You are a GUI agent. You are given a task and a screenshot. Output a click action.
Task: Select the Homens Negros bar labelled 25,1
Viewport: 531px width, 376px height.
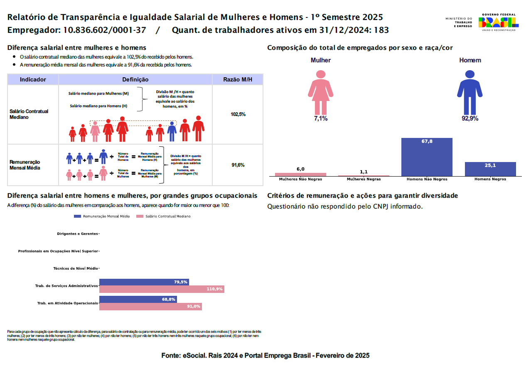pos(490,169)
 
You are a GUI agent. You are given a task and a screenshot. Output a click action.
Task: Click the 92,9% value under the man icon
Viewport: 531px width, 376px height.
pos(470,119)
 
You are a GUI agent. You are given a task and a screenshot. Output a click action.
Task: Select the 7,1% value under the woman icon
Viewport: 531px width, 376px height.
pos(321,119)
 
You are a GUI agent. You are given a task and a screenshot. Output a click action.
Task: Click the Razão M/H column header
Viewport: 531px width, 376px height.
pos(237,79)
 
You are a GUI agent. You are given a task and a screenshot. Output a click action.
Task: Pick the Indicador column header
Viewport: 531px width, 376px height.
pos(33,79)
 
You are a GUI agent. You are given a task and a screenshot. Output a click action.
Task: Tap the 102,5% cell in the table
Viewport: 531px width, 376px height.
pos(238,114)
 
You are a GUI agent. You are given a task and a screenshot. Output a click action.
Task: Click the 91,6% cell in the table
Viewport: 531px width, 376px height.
pos(238,165)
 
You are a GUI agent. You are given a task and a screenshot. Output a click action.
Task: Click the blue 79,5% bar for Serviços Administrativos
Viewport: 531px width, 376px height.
pos(144,282)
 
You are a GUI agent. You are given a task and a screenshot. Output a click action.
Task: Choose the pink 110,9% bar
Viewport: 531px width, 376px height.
pos(162,289)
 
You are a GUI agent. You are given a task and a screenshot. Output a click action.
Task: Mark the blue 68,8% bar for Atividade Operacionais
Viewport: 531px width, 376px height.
pos(138,299)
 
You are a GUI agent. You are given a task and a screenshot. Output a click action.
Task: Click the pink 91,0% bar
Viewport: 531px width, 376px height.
pos(150,307)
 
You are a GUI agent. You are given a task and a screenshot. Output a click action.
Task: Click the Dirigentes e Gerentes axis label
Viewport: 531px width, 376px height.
pos(78,234)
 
